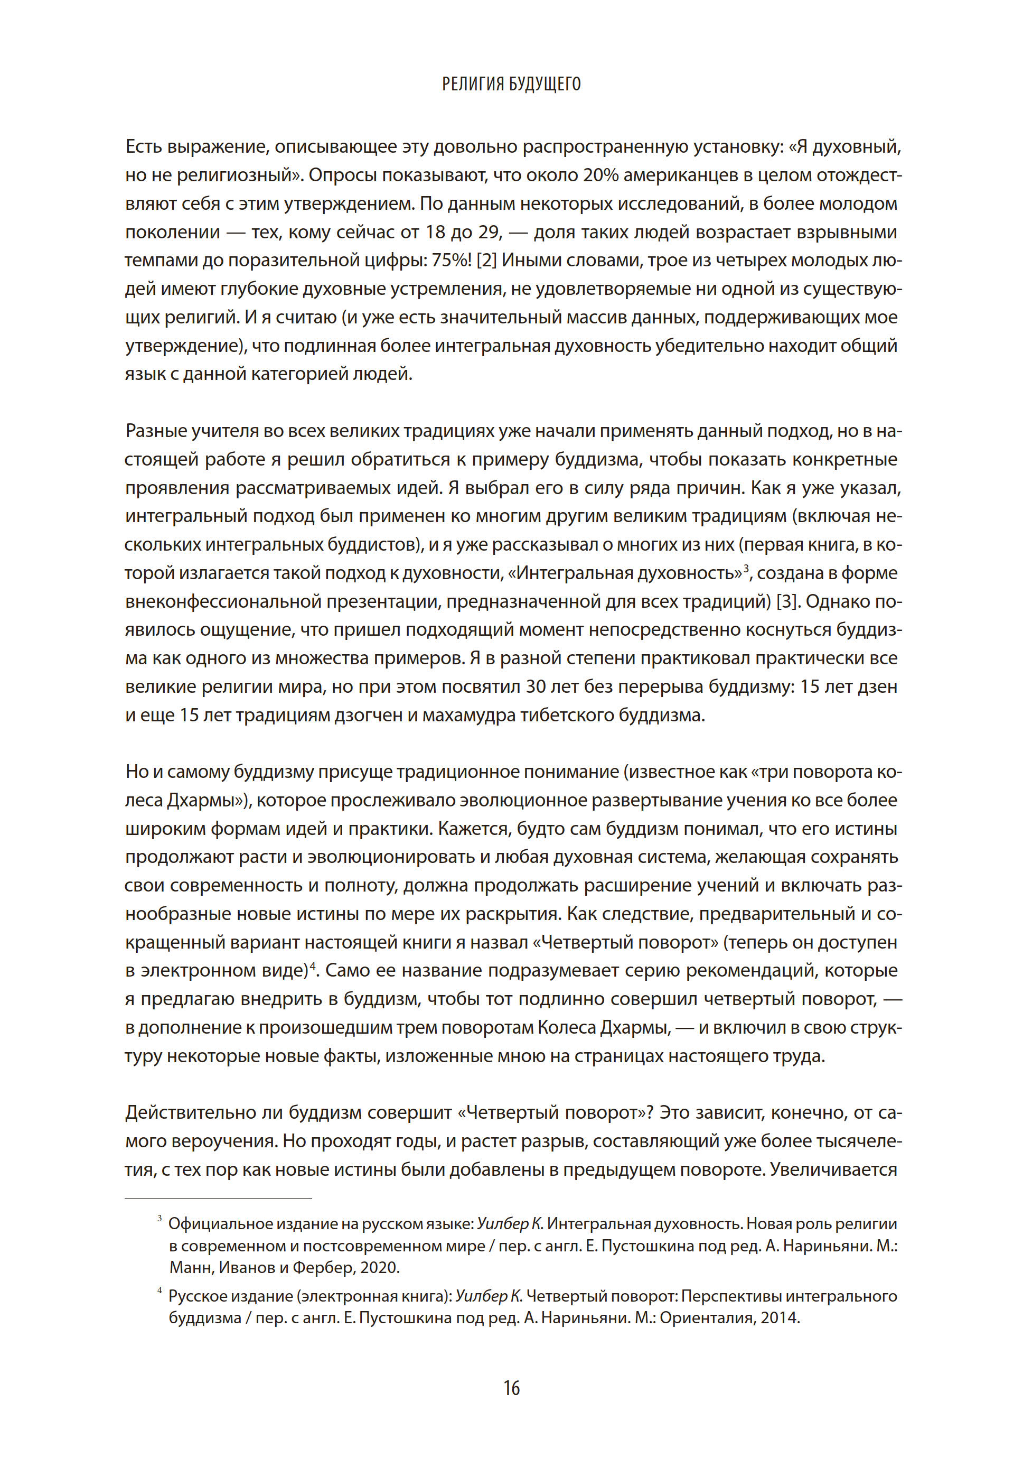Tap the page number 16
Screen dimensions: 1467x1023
pyautogui.click(x=511, y=1388)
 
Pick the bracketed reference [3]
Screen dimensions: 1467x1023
pyautogui.click(x=786, y=602)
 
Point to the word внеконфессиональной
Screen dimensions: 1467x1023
pyautogui.click(x=223, y=602)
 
